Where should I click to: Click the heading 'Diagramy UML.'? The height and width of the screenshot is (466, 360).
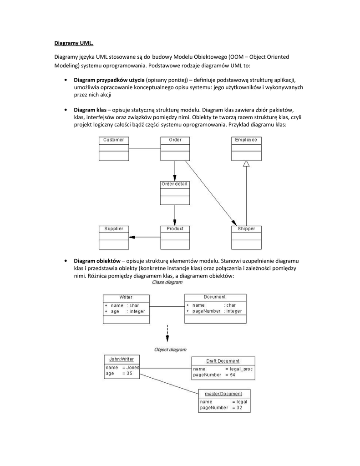74,44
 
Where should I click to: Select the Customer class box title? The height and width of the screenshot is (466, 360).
113,140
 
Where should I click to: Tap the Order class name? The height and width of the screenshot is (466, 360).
175,140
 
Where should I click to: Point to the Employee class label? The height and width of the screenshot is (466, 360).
246,140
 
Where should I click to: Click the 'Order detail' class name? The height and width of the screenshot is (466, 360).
174,184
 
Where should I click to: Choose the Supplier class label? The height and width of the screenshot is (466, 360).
113,228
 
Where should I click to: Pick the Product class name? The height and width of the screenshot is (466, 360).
175,228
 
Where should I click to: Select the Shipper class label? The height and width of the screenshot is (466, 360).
246,228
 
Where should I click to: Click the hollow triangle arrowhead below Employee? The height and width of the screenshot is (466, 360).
246,164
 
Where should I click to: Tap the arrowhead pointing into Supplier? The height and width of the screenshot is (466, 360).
132,237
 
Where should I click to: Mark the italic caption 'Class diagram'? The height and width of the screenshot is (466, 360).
167,282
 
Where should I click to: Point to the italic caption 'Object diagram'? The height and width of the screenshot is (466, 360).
170,349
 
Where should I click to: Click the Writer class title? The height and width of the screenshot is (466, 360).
126,297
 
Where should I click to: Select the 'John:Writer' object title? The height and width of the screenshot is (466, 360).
121,359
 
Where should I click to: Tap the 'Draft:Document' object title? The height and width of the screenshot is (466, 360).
223,360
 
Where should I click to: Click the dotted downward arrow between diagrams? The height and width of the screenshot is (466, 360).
167,334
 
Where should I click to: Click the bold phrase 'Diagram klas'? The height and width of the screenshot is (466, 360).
90,110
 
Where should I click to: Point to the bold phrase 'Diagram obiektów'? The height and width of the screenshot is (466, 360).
96,261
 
